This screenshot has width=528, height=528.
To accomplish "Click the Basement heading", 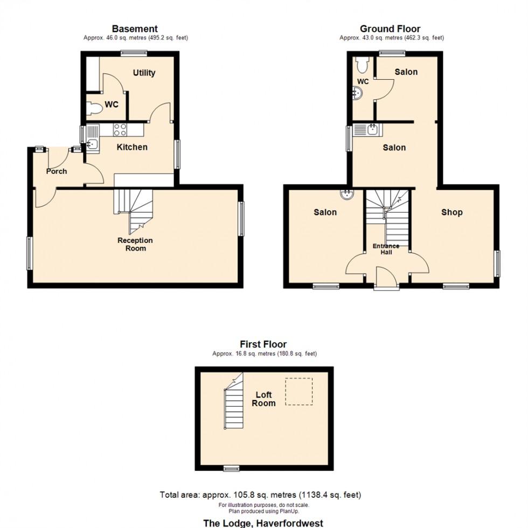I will (x=135, y=29).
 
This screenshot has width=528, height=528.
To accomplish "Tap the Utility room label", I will (x=144, y=73).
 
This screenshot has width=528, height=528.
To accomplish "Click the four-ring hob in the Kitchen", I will (x=120, y=129).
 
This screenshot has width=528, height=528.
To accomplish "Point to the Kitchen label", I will (x=132, y=147).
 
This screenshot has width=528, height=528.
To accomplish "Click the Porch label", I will (x=57, y=171).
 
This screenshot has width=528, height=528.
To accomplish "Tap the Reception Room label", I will (x=135, y=244).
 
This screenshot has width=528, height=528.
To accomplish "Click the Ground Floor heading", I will (x=390, y=29).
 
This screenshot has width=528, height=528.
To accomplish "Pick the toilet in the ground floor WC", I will (x=362, y=64).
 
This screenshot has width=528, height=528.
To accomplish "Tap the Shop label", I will (x=451, y=212).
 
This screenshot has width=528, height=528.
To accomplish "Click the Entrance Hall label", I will (x=386, y=249).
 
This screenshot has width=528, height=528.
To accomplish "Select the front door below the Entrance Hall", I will (x=387, y=280).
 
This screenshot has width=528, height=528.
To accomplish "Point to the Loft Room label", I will (x=264, y=399).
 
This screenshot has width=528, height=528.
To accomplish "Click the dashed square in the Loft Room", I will (x=299, y=391).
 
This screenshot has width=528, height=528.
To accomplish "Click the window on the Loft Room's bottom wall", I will (x=232, y=468).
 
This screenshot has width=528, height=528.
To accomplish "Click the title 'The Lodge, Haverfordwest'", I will (x=263, y=523).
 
